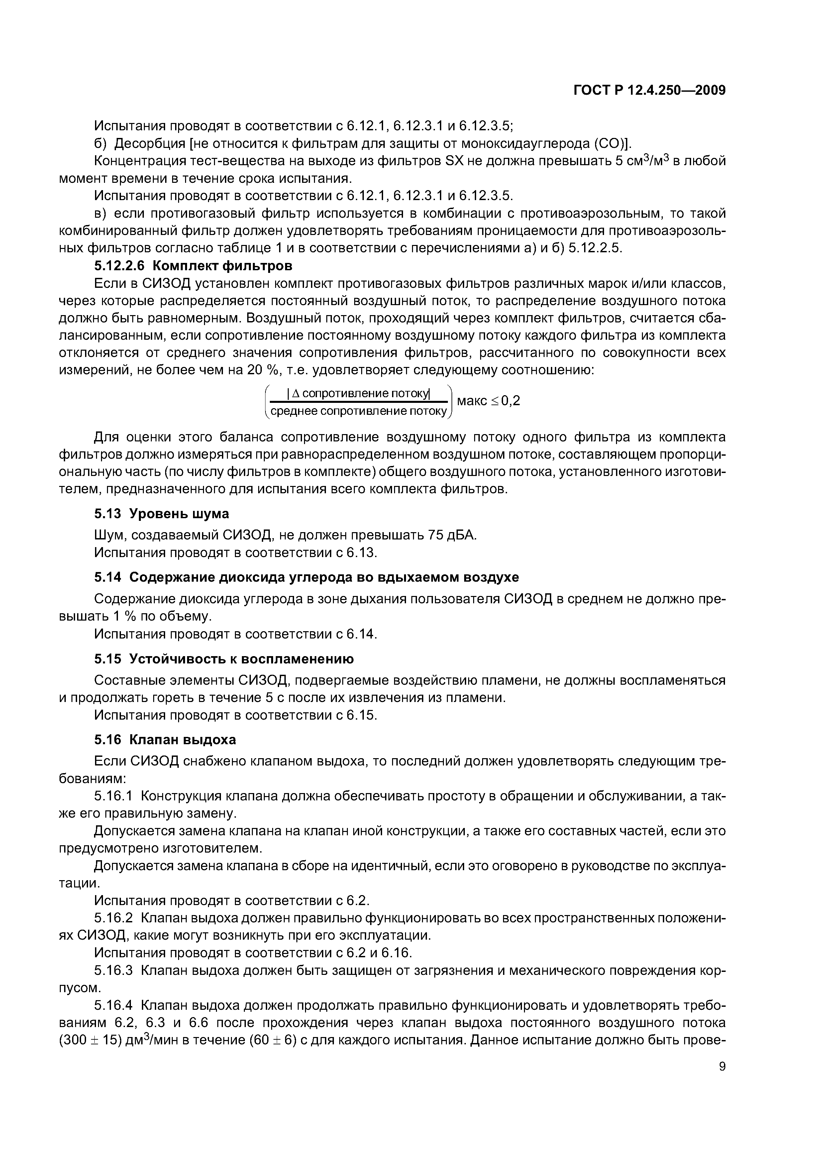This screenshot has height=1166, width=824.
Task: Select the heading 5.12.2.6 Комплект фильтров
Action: tap(193, 266)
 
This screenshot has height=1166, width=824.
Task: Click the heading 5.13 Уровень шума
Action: tap(161, 514)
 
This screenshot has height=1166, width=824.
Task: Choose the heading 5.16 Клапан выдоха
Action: tap(165, 740)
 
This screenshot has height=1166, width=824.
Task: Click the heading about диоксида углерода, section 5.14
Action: tap(306, 577)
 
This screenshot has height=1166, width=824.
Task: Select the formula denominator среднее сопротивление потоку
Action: tap(359, 411)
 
